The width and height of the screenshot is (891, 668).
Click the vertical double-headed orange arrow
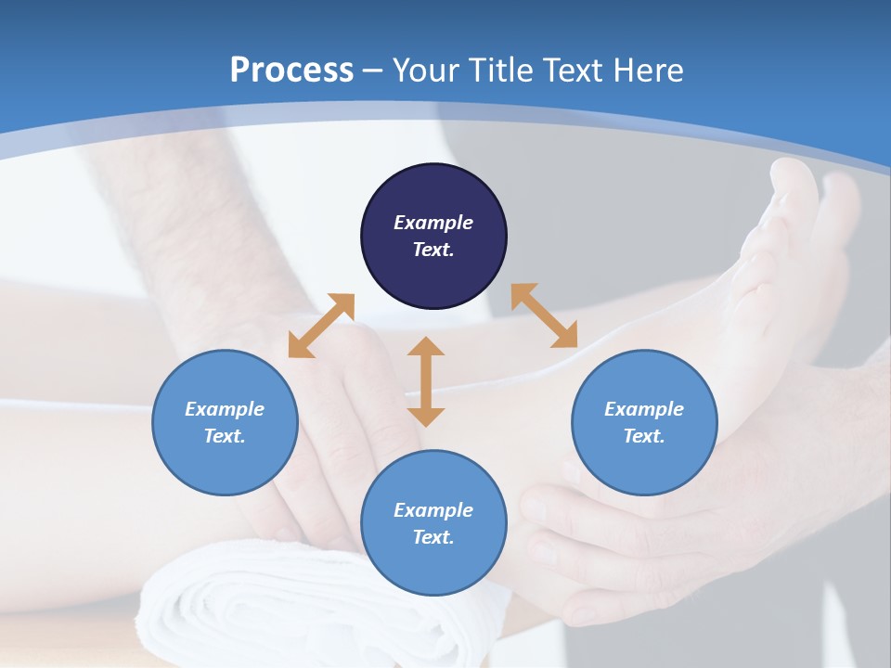coord(426,381)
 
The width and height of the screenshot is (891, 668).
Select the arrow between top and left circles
coord(321,325)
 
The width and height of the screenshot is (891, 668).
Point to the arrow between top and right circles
coord(544,315)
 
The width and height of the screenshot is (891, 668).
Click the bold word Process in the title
coord(291,70)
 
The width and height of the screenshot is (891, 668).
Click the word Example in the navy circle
coord(433,223)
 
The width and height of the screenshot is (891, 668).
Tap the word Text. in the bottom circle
coord(433,537)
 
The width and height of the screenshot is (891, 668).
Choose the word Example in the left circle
coord(225,409)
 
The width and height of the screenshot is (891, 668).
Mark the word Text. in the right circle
coord(644,436)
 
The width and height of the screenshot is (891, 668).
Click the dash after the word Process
coord(373,71)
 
